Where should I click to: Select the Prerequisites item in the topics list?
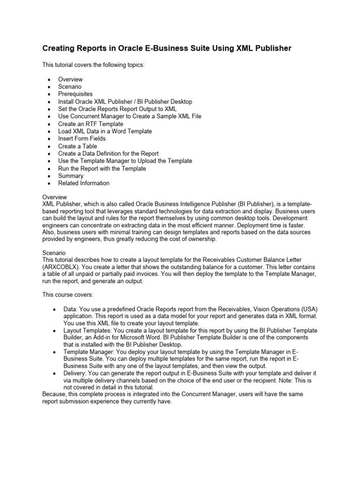coord(75,94)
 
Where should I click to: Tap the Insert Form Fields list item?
coord(82,139)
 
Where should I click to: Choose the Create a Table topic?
coord(77,146)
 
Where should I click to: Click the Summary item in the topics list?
coord(70,176)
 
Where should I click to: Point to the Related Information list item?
coord(83,183)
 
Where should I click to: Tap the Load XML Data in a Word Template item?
coord(105,131)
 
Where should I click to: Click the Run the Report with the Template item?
coord(102,168)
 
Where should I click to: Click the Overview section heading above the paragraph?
coord(54,197)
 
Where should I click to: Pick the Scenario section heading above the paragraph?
coord(54,253)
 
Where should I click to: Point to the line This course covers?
coord(67,295)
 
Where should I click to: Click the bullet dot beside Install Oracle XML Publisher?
coord(49,102)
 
